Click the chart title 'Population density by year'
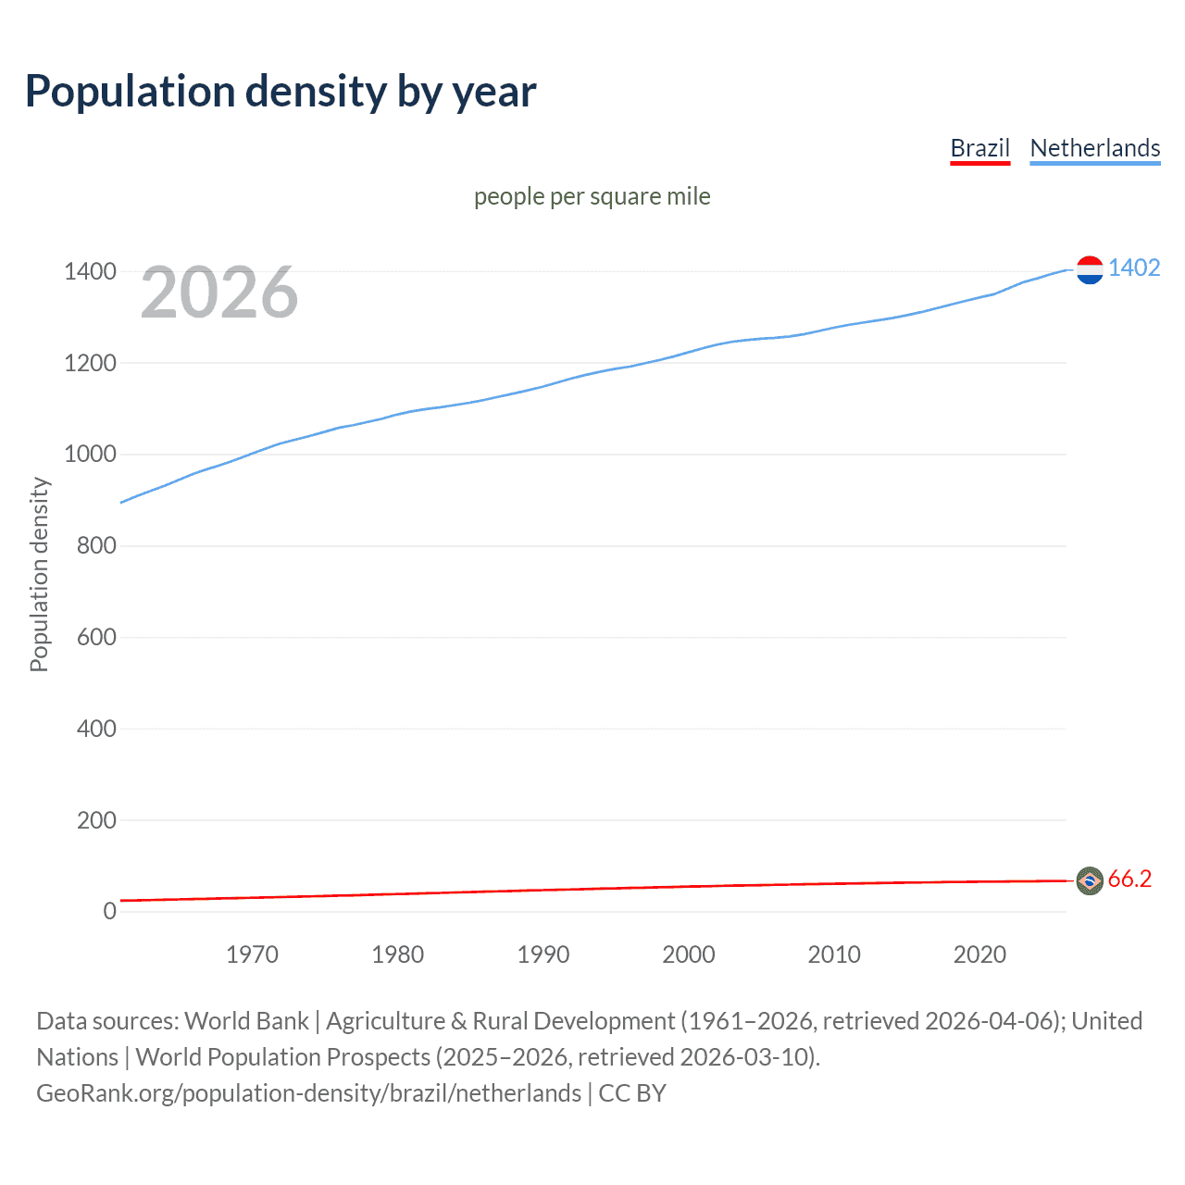click(281, 92)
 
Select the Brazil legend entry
click(979, 148)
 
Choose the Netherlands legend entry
click(1094, 148)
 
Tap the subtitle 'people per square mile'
click(592, 196)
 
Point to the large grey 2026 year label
click(219, 293)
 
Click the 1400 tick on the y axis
click(90, 271)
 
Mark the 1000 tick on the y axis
click(90, 454)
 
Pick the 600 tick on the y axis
click(96, 637)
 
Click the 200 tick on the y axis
click(96, 820)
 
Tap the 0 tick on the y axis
click(109, 911)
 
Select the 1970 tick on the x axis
click(252, 954)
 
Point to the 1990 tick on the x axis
click(543, 954)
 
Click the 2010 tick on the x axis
click(834, 954)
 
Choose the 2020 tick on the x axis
click(979, 954)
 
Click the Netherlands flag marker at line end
click(1090, 269)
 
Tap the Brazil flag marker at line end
click(1090, 880)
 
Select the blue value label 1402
click(1133, 268)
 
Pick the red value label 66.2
click(1129, 879)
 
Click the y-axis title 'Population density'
click(39, 574)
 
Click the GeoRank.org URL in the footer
click(308, 1093)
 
